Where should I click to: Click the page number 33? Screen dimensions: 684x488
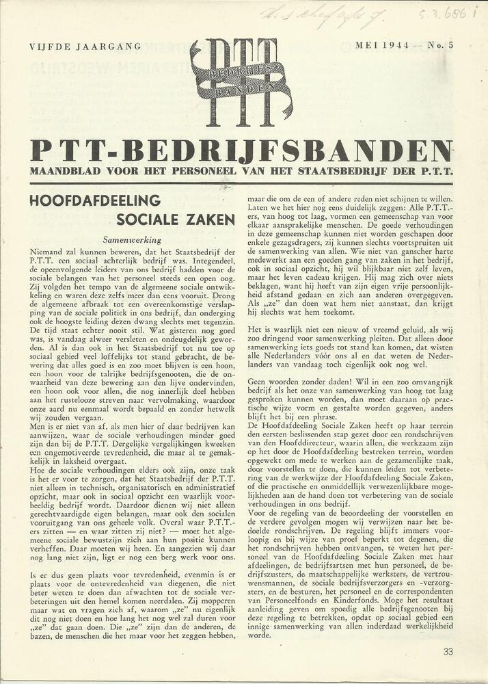click(x=448, y=652)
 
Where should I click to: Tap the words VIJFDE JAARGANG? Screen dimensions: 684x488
click(x=85, y=47)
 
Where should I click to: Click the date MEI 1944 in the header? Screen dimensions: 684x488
click(x=384, y=46)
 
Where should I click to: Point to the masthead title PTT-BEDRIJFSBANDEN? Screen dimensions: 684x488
click(x=241, y=151)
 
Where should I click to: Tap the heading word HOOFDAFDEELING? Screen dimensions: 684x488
click(x=95, y=200)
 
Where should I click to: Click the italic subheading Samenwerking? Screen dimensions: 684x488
click(x=132, y=240)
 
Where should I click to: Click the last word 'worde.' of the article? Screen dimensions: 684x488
click(x=260, y=635)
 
